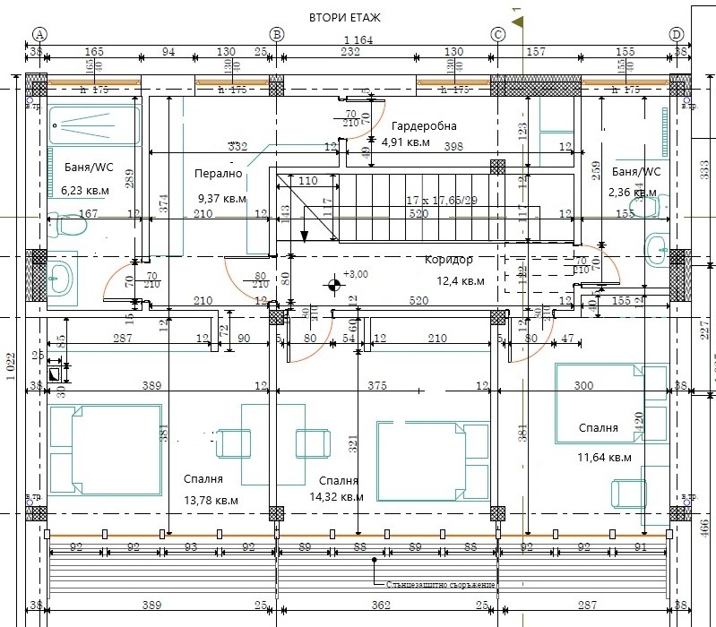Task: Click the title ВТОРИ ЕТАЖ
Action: click(x=345, y=17)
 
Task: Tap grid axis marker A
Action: click(x=39, y=34)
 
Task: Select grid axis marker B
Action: click(x=277, y=34)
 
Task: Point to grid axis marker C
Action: click(x=499, y=34)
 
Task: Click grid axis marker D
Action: click(x=677, y=34)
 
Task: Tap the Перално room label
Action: click(x=218, y=174)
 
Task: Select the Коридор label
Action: click(x=449, y=260)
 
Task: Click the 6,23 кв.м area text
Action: click(x=85, y=190)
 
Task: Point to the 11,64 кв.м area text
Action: click(x=607, y=457)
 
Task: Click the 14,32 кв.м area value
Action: click(x=336, y=496)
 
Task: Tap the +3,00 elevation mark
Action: click(x=357, y=275)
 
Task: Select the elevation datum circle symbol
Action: click(x=334, y=286)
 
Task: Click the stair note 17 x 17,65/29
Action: click(x=441, y=199)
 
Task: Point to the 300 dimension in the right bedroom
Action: click(x=584, y=386)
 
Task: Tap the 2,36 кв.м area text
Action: click(x=634, y=192)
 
